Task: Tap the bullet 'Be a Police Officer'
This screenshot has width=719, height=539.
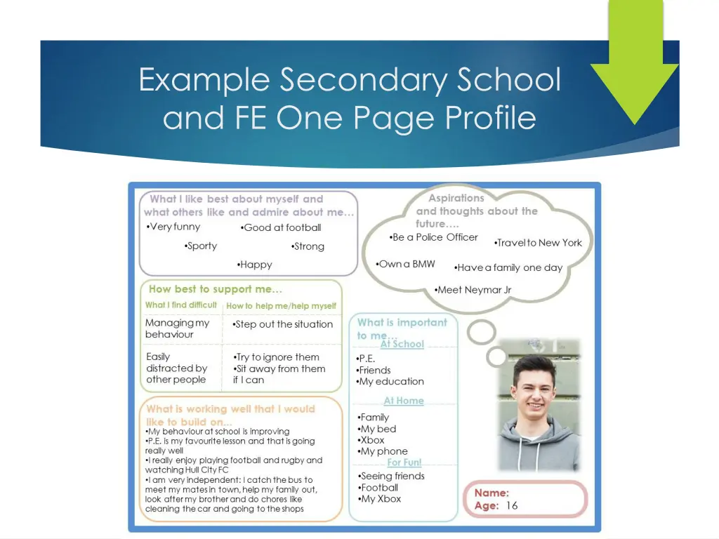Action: (433, 237)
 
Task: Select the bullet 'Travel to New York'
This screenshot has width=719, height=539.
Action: (538, 243)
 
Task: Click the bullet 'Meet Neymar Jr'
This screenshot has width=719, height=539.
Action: (473, 290)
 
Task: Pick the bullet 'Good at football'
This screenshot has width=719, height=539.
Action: (281, 227)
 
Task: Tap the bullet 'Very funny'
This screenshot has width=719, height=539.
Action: (173, 227)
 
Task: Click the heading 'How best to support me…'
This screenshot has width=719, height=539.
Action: (216, 289)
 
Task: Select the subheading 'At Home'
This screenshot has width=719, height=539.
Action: (404, 401)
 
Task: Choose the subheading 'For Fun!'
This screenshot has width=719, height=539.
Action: (404, 463)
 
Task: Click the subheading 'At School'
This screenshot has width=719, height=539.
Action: (402, 344)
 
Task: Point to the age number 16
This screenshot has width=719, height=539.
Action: (512, 505)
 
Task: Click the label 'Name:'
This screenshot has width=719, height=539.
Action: (492, 493)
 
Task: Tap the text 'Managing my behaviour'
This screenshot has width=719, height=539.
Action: (177, 328)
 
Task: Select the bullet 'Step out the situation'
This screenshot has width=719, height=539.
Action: (283, 324)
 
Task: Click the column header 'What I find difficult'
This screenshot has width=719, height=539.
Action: (181, 305)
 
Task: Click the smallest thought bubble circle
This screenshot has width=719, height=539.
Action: (497, 357)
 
